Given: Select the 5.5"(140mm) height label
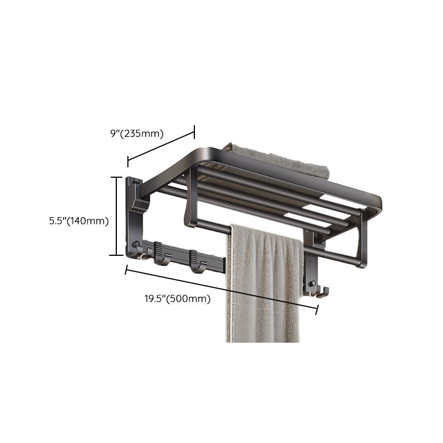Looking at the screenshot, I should [x=78, y=220].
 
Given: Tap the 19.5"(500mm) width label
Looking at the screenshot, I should [x=178, y=299].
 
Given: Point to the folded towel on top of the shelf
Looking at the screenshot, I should [x=277, y=158].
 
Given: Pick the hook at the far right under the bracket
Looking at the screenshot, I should [x=321, y=291].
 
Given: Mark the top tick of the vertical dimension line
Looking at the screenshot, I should [x=116, y=177].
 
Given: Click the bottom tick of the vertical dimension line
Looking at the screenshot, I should [x=116, y=255].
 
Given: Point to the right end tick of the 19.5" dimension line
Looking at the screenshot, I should [x=317, y=310].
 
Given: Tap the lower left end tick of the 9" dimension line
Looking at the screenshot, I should [x=128, y=161].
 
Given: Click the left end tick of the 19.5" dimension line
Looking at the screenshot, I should [x=127, y=270].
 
